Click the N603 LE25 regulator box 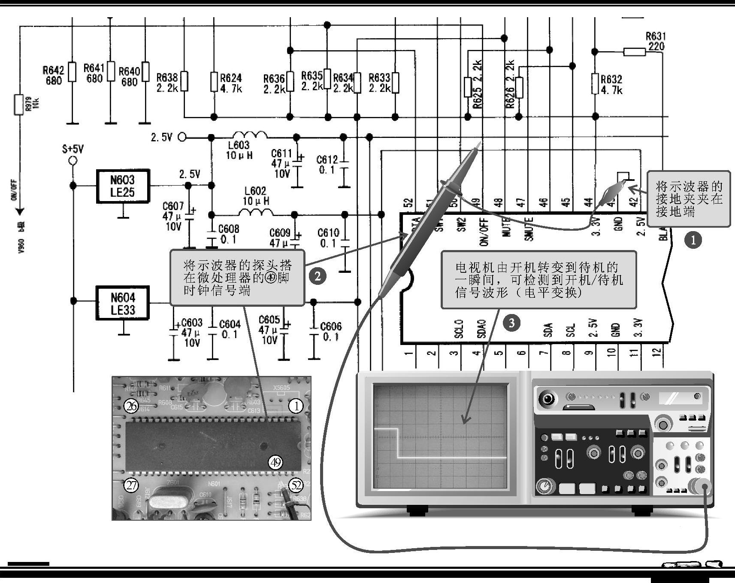click(x=123, y=186)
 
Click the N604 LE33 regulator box click(x=123, y=303)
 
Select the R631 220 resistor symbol click(x=634, y=52)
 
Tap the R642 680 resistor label click(x=53, y=75)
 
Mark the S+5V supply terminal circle click(x=73, y=161)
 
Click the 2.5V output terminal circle click(x=182, y=137)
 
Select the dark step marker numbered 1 click(x=693, y=240)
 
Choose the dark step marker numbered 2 click(x=318, y=276)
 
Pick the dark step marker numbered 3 click(x=511, y=322)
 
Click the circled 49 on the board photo click(x=275, y=462)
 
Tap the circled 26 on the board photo click(x=131, y=406)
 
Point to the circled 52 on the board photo click(x=296, y=485)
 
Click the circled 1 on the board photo click(x=296, y=406)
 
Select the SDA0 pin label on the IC click(x=481, y=329)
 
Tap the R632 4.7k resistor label click(x=611, y=85)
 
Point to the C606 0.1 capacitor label click(x=331, y=332)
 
